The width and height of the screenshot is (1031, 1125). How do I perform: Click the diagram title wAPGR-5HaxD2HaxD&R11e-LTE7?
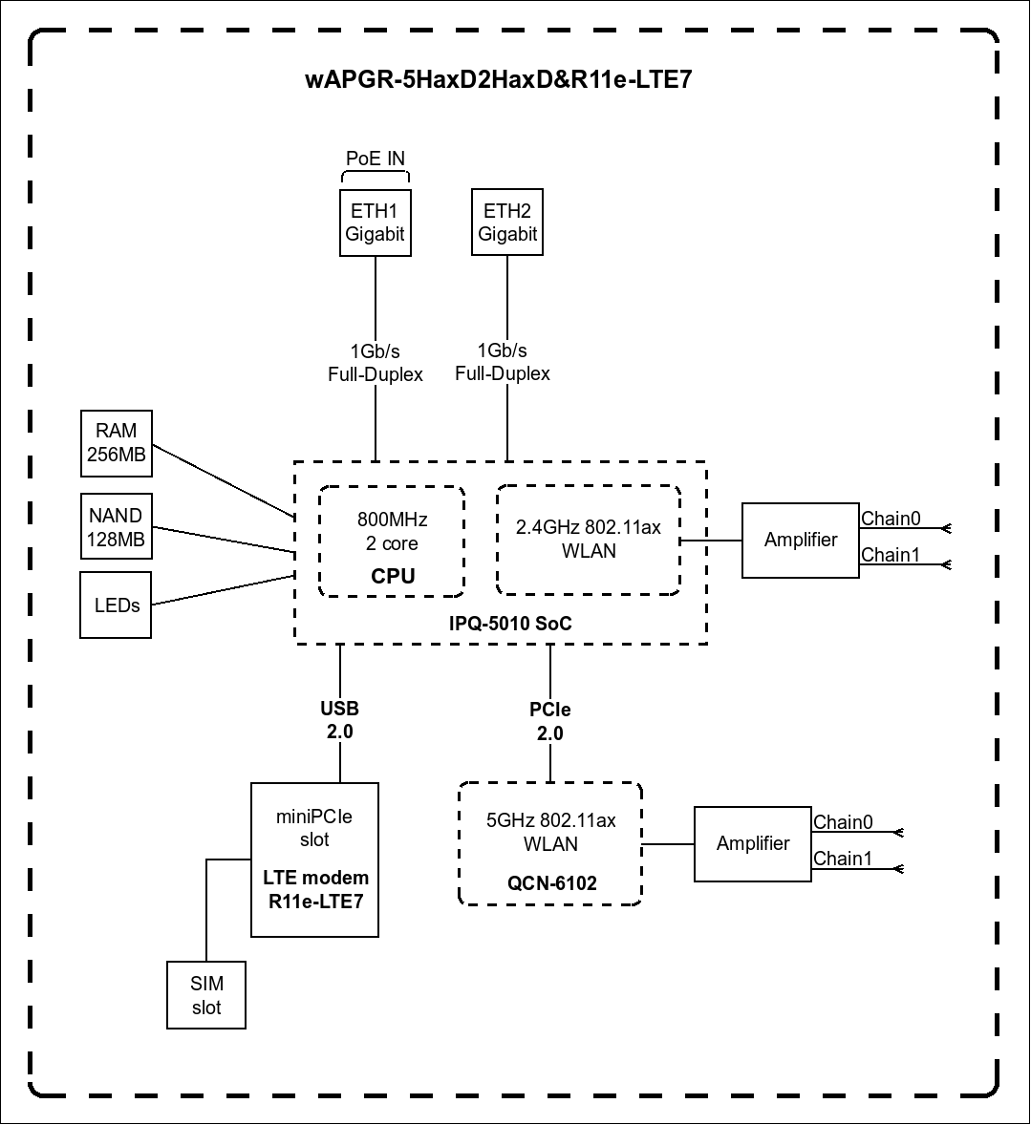(498, 78)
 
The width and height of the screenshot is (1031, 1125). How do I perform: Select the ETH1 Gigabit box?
(375, 223)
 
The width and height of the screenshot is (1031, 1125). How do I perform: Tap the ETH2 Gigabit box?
(506, 222)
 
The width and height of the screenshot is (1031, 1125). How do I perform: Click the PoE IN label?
(375, 158)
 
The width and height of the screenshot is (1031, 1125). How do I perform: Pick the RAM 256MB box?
(117, 443)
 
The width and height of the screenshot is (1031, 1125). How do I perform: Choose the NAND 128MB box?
(117, 526)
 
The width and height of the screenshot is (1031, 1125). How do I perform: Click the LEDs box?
(116, 605)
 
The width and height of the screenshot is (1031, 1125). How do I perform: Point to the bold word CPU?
(393, 576)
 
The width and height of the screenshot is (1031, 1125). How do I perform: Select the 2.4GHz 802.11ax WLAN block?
(589, 541)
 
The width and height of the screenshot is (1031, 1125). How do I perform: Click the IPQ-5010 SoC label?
(510, 623)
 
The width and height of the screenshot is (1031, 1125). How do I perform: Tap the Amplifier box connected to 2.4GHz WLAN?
(801, 541)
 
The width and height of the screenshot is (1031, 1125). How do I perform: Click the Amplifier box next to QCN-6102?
(753, 844)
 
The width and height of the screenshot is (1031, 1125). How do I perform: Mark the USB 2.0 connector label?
(339, 720)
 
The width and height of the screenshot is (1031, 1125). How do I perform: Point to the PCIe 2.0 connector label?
(550, 721)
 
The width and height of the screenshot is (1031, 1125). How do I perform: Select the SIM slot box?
(206, 995)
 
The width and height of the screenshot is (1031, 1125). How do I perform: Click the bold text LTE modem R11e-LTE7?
(316, 890)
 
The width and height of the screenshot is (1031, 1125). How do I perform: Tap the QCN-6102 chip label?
(552, 883)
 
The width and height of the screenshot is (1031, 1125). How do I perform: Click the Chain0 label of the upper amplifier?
(891, 518)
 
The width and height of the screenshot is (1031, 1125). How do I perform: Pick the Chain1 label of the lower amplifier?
(843, 859)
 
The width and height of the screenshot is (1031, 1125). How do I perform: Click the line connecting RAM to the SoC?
(224, 480)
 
